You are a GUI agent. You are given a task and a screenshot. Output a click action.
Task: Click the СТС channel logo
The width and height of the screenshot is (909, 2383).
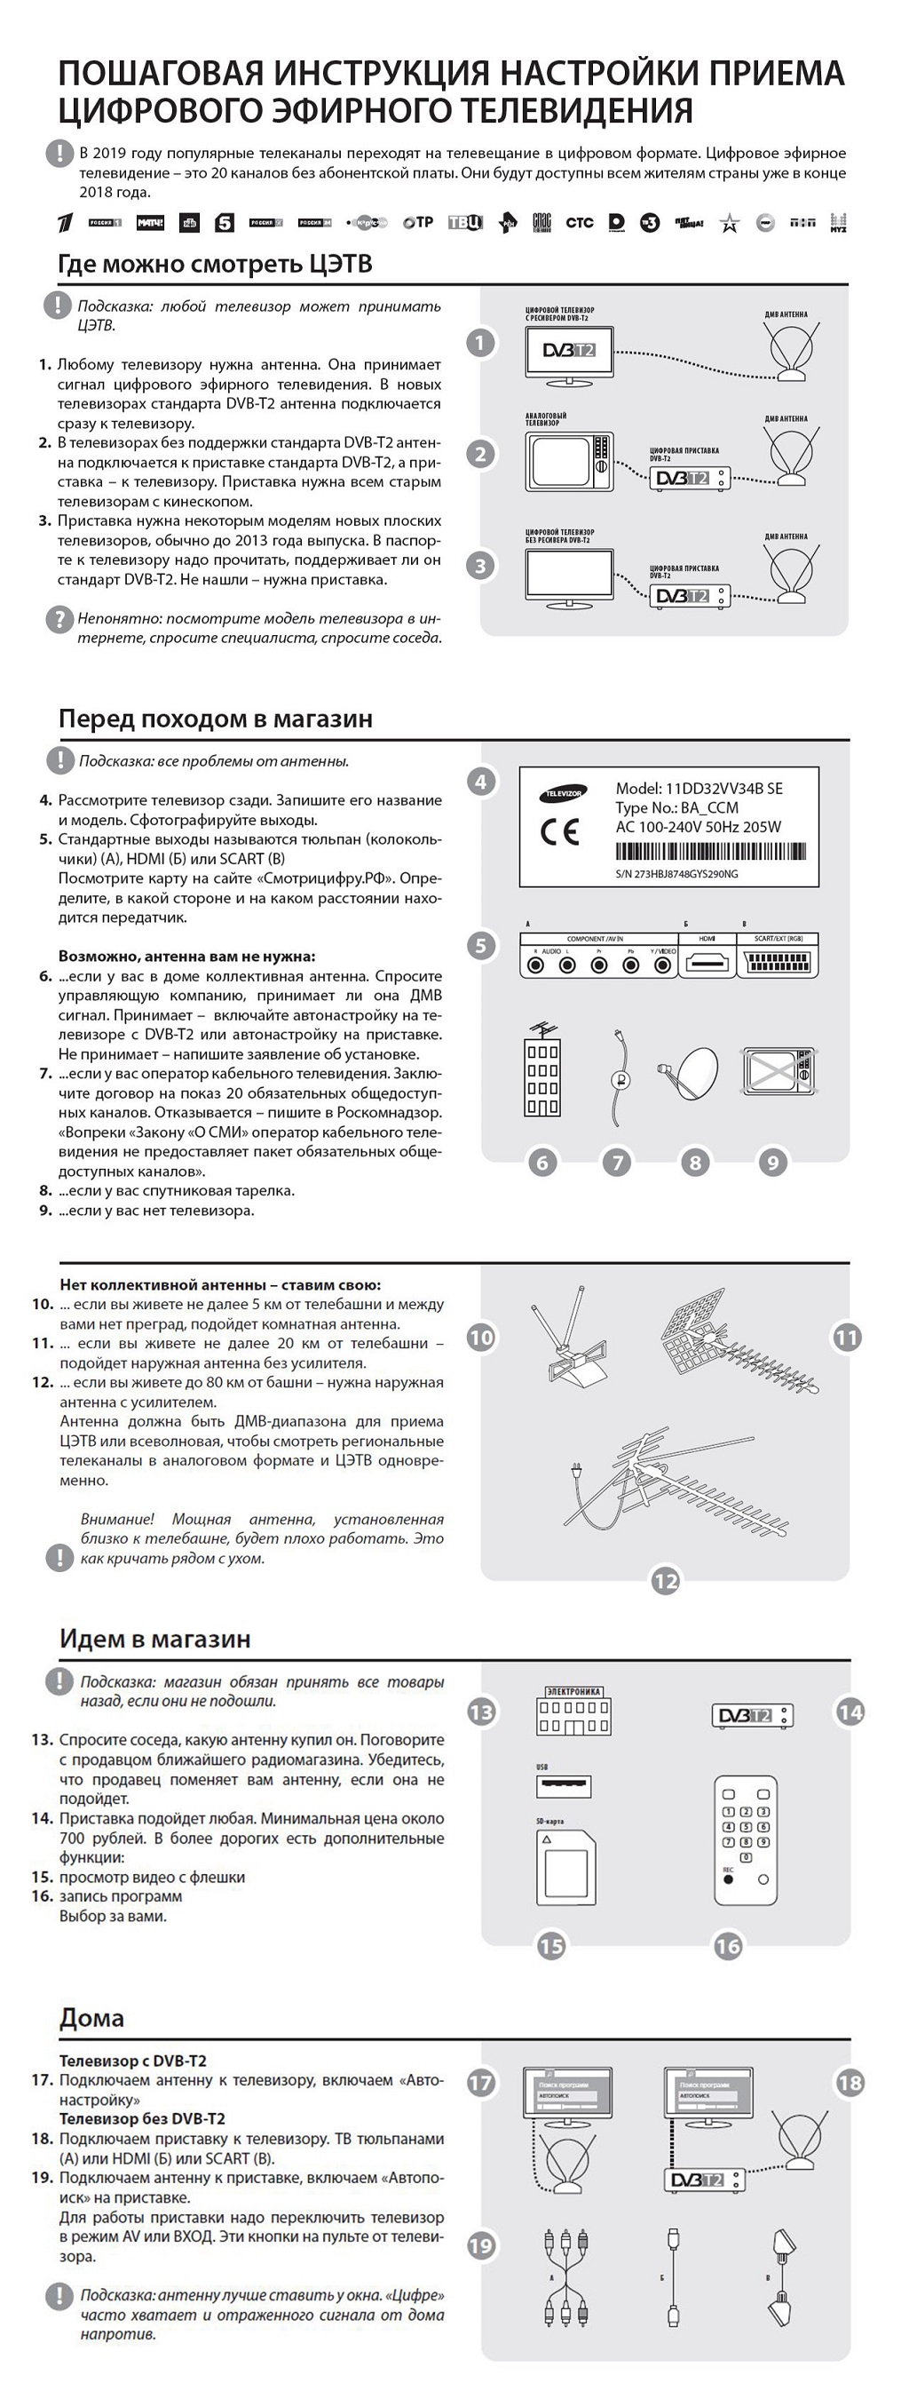point(579,223)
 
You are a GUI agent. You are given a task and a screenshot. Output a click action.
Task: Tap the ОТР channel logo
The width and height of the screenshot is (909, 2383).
point(418,223)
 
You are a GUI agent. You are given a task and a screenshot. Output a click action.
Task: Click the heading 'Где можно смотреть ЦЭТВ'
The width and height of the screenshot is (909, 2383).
point(215,265)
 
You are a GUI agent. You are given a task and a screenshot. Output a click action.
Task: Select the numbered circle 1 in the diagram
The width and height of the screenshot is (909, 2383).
point(479,343)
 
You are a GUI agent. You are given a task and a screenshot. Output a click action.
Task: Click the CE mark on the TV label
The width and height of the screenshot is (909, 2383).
point(559,831)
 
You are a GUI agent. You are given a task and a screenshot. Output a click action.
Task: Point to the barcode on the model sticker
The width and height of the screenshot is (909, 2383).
point(710,852)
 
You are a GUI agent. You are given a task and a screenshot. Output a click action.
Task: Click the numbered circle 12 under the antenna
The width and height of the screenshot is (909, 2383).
point(666,1581)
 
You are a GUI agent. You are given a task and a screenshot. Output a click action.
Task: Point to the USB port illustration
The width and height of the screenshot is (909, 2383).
point(563,1784)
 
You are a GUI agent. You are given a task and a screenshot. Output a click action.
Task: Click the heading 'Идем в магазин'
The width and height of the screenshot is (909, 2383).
point(154,1639)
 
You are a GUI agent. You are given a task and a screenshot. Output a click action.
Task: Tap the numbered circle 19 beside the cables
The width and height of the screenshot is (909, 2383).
point(481,2245)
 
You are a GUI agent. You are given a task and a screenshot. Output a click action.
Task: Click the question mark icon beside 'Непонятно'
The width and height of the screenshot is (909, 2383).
point(59,619)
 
